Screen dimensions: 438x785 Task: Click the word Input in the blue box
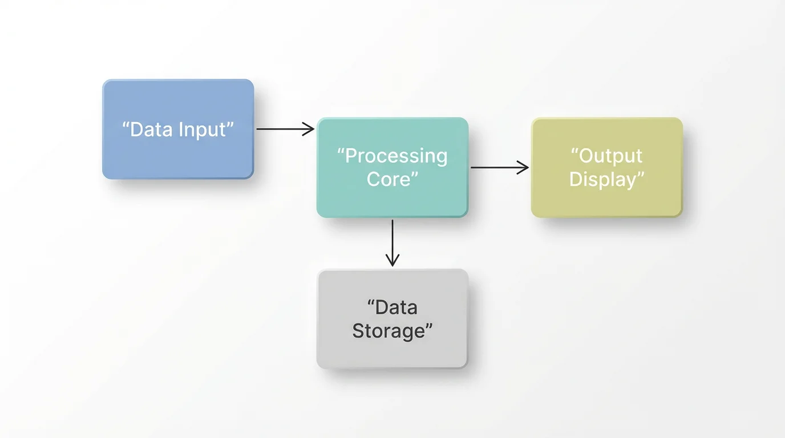[x=202, y=130]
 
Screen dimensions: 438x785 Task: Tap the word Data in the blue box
[x=151, y=129]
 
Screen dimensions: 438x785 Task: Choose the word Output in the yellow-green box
[x=610, y=156]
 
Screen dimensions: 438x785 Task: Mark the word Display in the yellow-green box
[x=602, y=180]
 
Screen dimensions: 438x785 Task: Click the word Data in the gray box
[x=396, y=308]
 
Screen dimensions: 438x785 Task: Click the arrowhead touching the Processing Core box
[x=309, y=129]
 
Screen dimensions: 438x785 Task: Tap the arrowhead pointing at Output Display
[x=523, y=167]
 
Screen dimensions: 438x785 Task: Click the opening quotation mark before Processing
[x=341, y=153]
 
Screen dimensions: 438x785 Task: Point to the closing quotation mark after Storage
[x=429, y=326]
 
